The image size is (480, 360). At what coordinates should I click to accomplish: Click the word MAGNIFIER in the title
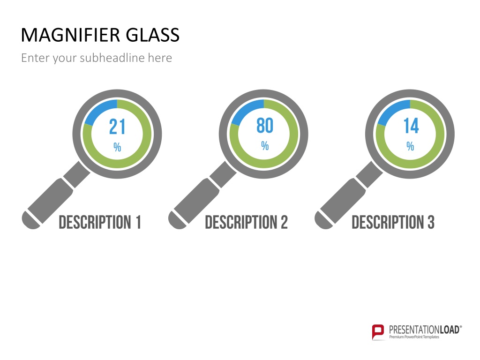coord(70,35)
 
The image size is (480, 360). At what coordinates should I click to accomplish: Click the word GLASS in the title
coord(152,35)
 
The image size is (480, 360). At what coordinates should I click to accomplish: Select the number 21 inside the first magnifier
coord(117,127)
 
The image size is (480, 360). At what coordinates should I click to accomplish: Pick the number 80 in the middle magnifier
coord(265,126)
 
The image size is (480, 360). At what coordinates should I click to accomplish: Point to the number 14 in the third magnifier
coord(411,126)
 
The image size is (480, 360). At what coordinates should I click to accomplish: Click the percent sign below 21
coord(117,147)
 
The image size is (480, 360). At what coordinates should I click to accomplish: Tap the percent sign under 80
coord(265,146)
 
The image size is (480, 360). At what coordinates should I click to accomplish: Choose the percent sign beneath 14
coord(410,146)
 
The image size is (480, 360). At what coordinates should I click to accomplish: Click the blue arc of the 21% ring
coord(97,108)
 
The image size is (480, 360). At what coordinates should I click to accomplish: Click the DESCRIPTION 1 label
coord(100,222)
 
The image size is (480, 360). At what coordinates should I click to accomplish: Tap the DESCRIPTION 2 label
coord(247,222)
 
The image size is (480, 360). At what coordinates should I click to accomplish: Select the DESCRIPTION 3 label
coord(393,222)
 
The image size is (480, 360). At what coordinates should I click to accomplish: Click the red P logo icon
coord(378,332)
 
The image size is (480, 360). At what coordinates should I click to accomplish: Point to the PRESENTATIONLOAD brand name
coord(425,330)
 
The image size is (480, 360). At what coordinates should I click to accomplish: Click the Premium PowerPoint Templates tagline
coord(414,337)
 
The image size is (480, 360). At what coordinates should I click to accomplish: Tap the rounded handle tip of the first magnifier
coord(30,221)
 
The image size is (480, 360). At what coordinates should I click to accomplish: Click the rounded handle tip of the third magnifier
coord(323,221)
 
